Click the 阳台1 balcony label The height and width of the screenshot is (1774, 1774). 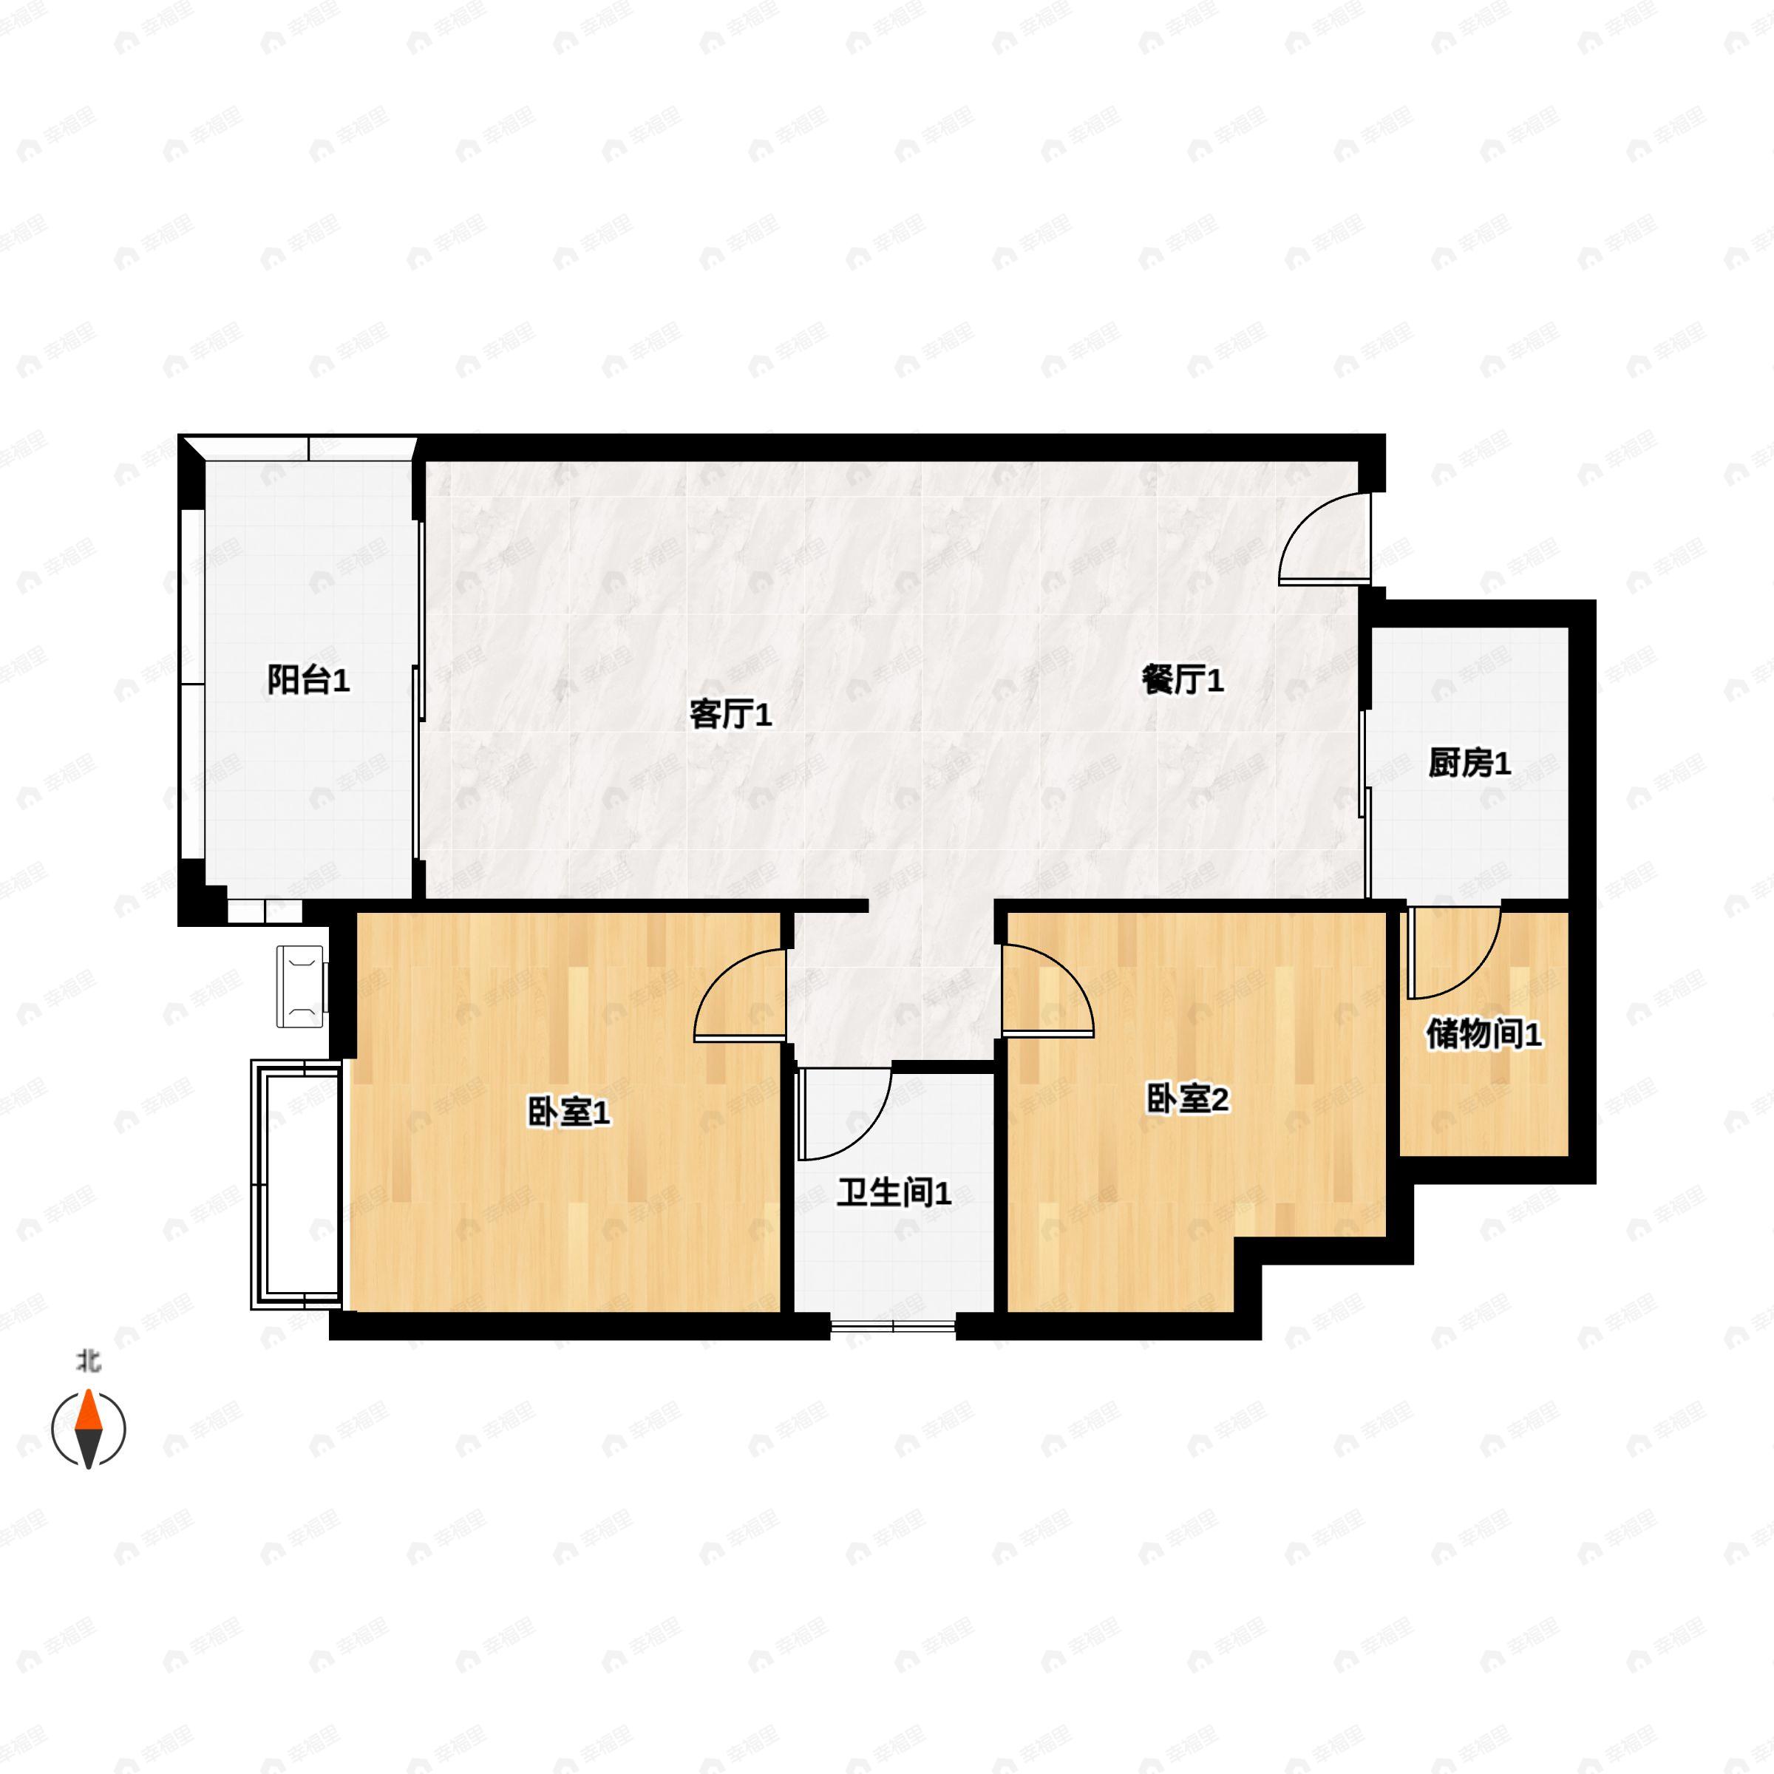coord(308,680)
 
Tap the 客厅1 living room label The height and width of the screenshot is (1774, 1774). coord(730,713)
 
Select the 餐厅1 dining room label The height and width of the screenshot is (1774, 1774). coord(1183,680)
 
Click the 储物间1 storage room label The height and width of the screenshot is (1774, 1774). coord(1483,1035)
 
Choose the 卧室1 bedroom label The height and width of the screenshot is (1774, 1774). coord(568,1114)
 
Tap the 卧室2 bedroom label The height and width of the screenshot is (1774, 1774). coord(1187,1099)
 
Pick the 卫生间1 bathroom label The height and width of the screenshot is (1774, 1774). coord(894,1194)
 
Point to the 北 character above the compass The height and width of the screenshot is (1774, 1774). coord(88,1361)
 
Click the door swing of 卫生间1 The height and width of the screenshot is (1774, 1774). coord(843,1111)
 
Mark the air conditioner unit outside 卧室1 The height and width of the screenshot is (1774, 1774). coord(302,986)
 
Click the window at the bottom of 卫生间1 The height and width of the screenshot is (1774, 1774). coord(892,1325)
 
